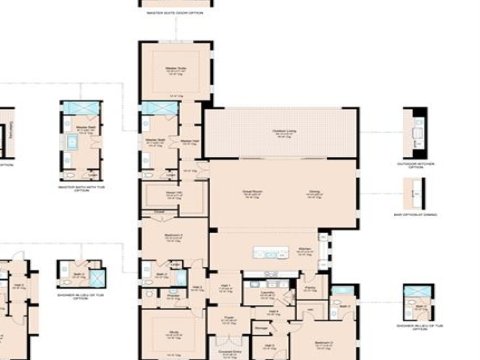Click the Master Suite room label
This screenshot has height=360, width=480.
coord(176,69)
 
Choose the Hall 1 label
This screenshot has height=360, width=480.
coord(226,286)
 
